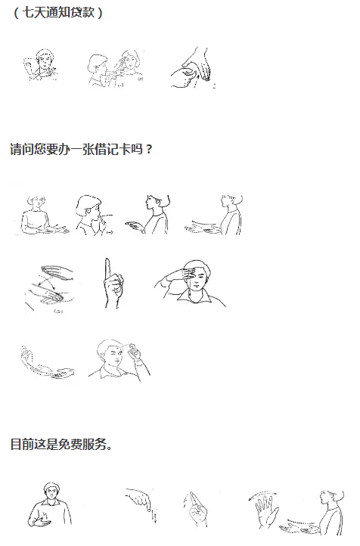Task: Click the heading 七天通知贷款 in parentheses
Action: (57, 13)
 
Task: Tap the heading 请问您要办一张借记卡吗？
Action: (82, 150)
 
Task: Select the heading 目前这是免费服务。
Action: (61, 445)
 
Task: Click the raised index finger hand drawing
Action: (113, 283)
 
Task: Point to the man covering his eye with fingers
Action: (190, 284)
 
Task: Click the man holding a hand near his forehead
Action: (119, 360)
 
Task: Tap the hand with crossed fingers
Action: (196, 510)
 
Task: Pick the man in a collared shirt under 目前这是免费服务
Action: (50, 505)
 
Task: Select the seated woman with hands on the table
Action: (42, 216)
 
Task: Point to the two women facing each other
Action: (115, 68)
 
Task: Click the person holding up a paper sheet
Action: (40, 65)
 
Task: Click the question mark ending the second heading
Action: (149, 150)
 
